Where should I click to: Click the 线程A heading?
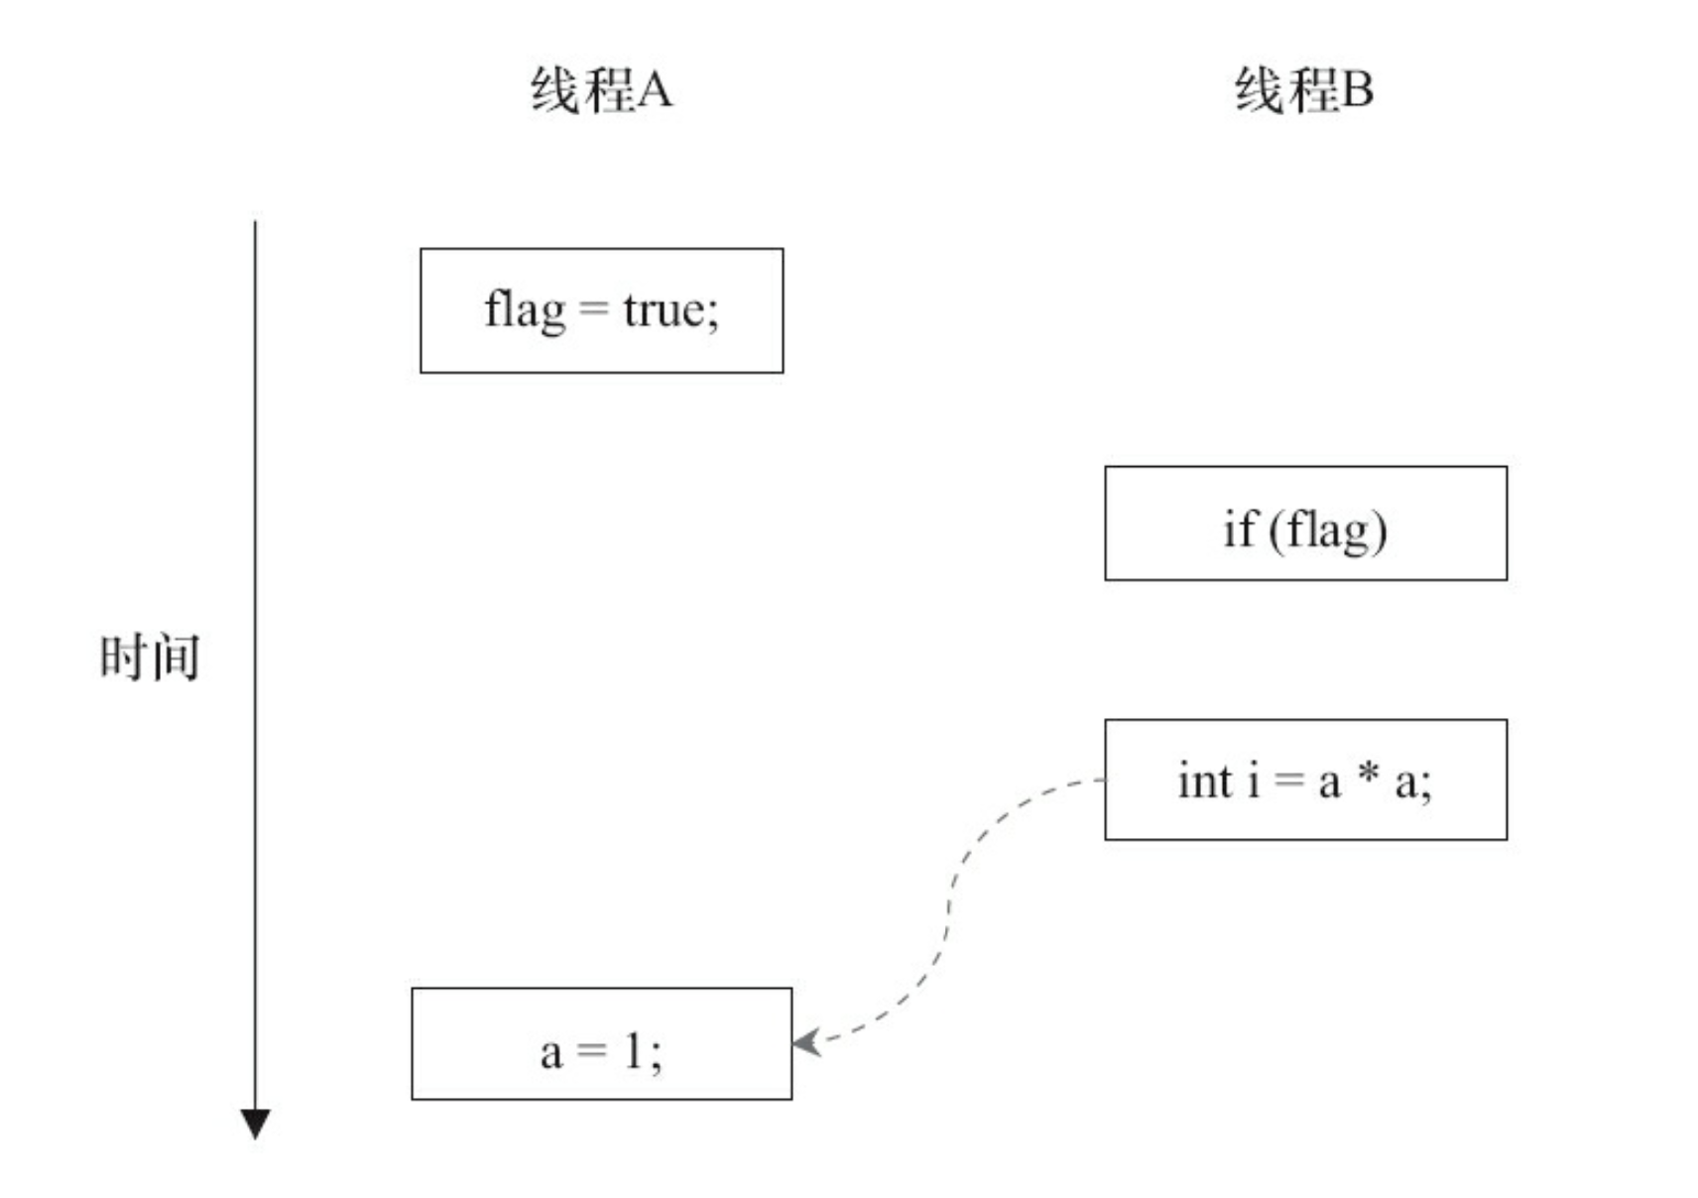(x=601, y=90)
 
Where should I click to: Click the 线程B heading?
(x=1303, y=90)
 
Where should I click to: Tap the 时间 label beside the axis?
(x=150, y=657)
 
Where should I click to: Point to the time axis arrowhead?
(x=255, y=1124)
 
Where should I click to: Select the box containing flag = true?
(x=601, y=310)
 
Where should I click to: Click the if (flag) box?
(x=1305, y=523)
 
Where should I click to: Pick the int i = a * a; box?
(x=1305, y=779)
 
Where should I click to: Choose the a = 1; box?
(x=601, y=1043)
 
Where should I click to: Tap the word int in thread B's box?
(x=1204, y=780)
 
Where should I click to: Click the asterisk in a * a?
(x=1369, y=775)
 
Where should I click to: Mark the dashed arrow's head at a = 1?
(x=805, y=1042)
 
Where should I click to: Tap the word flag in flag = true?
(x=525, y=309)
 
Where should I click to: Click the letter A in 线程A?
(x=655, y=90)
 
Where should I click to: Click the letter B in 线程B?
(x=1356, y=90)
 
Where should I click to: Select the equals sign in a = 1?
(x=591, y=1050)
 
